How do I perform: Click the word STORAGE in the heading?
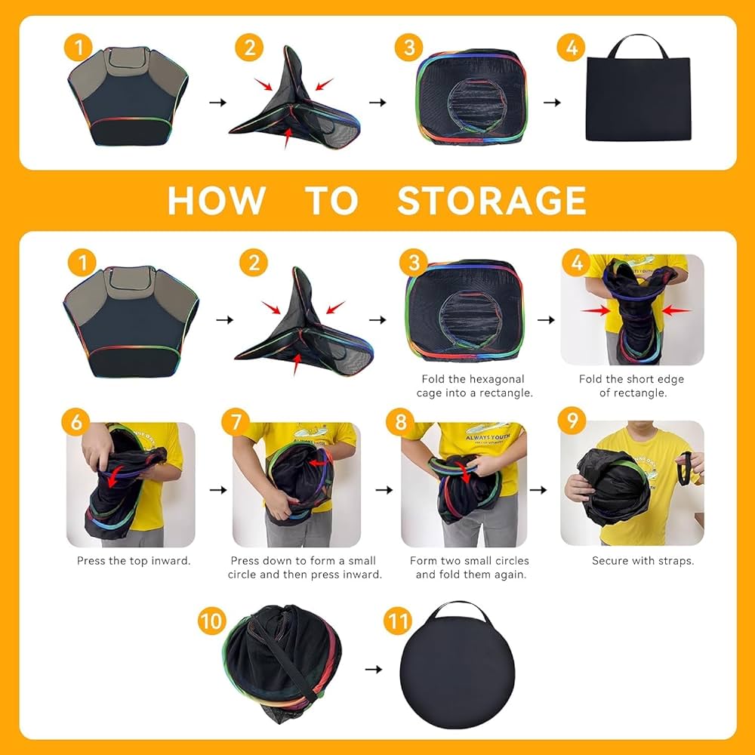[x=492, y=201]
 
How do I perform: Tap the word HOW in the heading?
[x=216, y=201]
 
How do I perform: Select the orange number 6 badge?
[x=76, y=422]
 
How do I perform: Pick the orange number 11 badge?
[x=398, y=622]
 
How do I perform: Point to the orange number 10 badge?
[x=213, y=622]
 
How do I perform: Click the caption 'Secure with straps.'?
[x=643, y=561]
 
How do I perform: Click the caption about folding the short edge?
[x=631, y=386]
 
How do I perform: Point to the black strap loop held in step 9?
[x=687, y=470]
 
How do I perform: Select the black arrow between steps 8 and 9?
[x=538, y=490]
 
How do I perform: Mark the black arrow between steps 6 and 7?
[x=218, y=490]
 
